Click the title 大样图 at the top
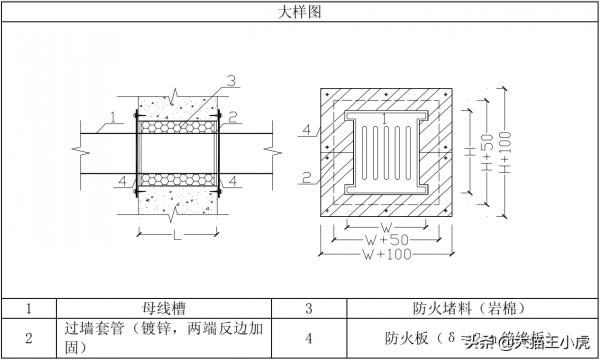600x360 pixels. tap(300, 12)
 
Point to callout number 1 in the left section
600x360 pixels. tap(114, 117)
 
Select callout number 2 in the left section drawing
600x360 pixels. tap(231, 117)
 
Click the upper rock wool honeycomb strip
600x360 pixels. tap(177, 127)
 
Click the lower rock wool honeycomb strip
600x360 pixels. tap(177, 180)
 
